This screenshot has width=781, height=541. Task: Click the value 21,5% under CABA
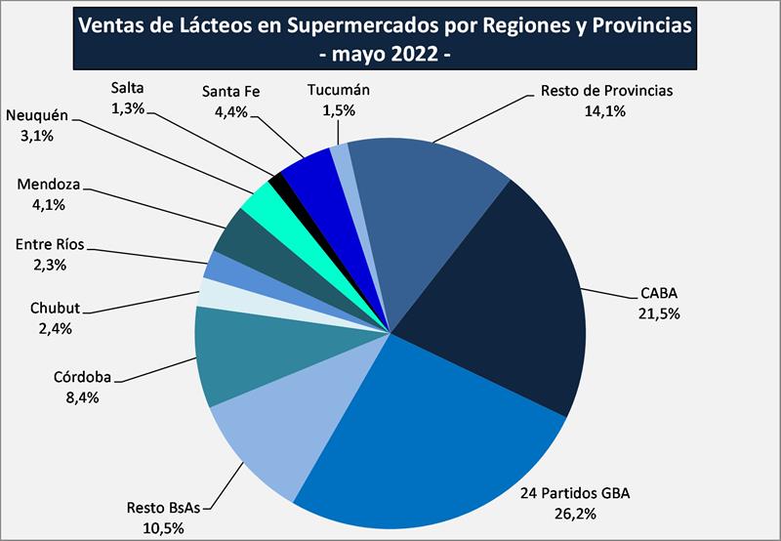[x=659, y=314]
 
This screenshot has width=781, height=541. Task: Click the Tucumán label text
[x=339, y=91]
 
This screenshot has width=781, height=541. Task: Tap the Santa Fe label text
[x=230, y=93]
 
